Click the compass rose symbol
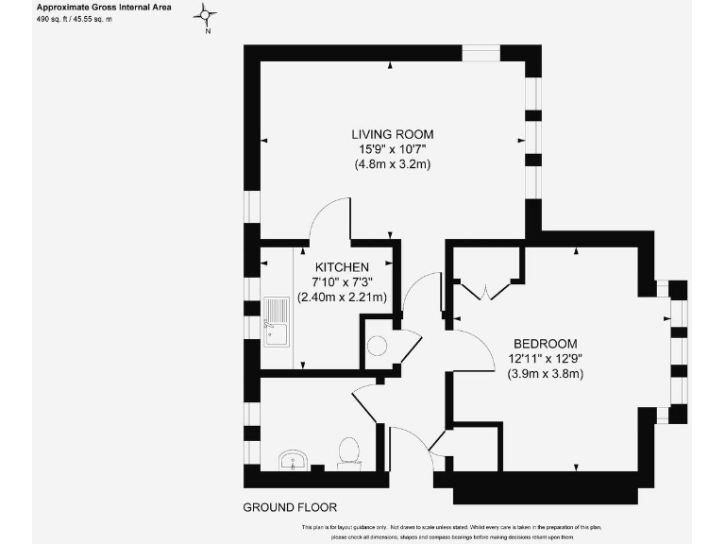click(x=207, y=14)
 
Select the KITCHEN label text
click(x=342, y=267)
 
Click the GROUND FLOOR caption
click(x=290, y=507)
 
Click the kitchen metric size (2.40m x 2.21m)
click(x=342, y=297)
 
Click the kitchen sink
click(x=277, y=322)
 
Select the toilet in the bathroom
click(x=348, y=451)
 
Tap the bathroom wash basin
click(x=294, y=460)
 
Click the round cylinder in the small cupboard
click(x=378, y=345)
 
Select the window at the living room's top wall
click(x=481, y=53)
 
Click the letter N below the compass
click(x=207, y=31)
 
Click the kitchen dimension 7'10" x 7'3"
click(x=342, y=281)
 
